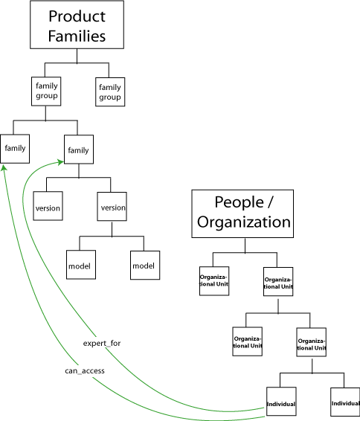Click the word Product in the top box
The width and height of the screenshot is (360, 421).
77,16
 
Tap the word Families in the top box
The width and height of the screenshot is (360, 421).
77,36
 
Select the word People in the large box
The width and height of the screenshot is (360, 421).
240,202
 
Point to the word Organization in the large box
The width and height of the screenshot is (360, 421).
244,222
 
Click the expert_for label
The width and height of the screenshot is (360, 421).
102,344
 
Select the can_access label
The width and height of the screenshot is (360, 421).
85,370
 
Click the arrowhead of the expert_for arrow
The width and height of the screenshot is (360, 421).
61,162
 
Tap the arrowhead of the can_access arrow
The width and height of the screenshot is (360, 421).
4,167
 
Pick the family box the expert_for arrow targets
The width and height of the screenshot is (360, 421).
79,150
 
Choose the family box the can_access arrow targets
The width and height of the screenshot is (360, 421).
15,149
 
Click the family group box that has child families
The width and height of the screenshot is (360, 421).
46,91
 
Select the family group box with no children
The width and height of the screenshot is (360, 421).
110,91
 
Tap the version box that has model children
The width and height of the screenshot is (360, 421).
112,207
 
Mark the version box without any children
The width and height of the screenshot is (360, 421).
48,206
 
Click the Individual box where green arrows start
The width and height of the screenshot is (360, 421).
281,402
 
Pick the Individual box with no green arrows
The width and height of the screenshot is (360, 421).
345,402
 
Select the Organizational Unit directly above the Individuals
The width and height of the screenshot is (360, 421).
312,342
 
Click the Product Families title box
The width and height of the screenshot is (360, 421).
77,25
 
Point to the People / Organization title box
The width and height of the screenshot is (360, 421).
242,213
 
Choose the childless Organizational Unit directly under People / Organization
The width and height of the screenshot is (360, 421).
214,281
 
